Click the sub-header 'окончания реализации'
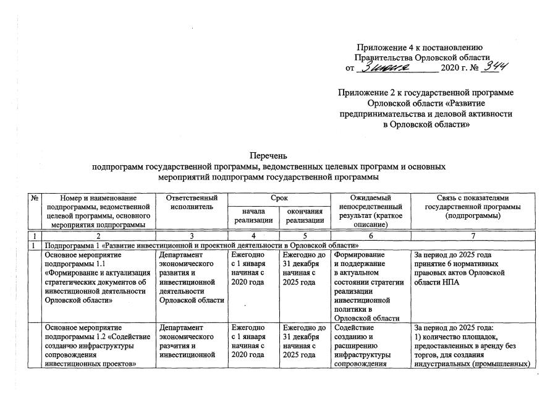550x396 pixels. pos(303,216)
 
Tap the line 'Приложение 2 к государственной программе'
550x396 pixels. pos(426,93)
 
